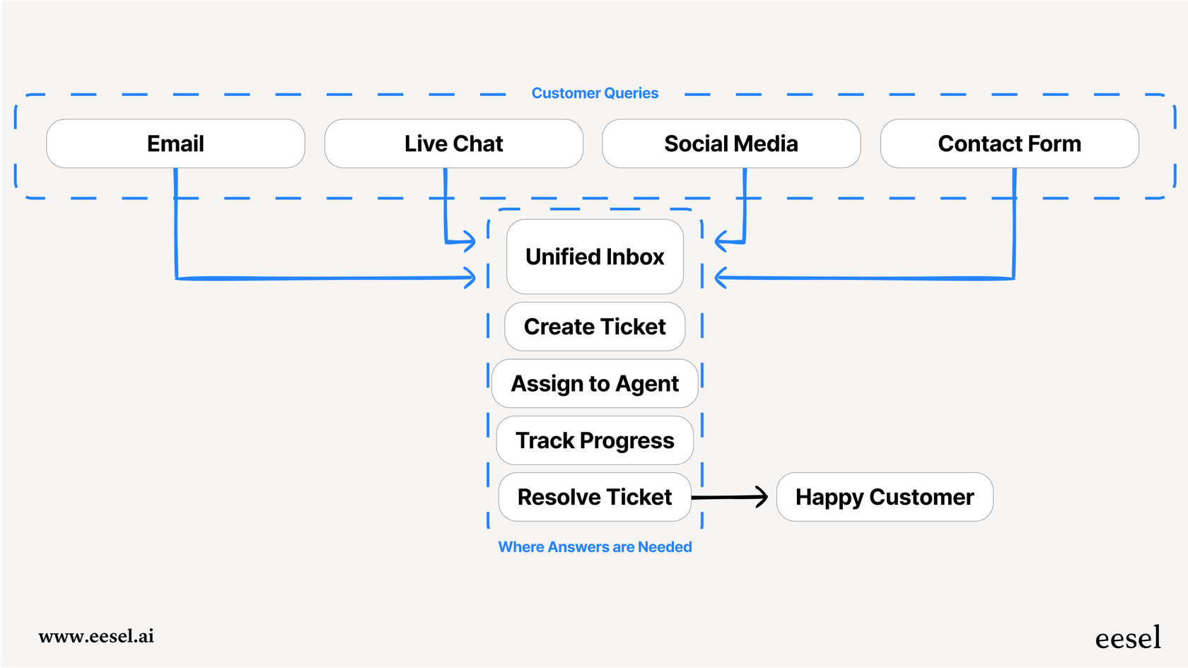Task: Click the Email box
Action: [x=175, y=143]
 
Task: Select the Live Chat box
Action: [x=453, y=143]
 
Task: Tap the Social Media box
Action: [x=731, y=143]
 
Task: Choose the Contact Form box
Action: [x=1009, y=143]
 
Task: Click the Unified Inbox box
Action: [x=595, y=257]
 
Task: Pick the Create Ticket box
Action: [x=595, y=327]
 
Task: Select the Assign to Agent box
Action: [x=595, y=383]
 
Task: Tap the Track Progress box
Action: [x=595, y=440]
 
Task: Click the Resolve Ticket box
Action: [x=595, y=497]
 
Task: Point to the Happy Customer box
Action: [x=885, y=497]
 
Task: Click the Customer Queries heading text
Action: [x=595, y=93]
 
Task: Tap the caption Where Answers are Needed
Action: [x=595, y=547]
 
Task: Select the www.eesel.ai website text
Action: [x=96, y=636]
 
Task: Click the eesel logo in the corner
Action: [x=1128, y=638]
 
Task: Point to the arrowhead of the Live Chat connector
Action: [x=470, y=242]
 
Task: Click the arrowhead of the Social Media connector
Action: [x=720, y=242]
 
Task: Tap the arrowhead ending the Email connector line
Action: [x=470, y=278]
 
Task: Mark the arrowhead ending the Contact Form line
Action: [x=720, y=278]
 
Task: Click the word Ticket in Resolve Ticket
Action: [x=642, y=497]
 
